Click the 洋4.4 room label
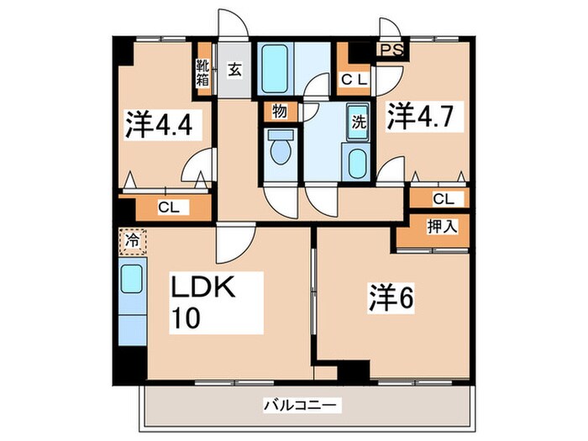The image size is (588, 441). pyautogui.click(x=160, y=124)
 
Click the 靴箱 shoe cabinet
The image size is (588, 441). pyautogui.click(x=202, y=72)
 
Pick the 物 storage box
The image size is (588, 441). pyautogui.click(x=278, y=110)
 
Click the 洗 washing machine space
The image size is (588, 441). pyautogui.click(x=358, y=121)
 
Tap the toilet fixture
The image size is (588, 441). pyautogui.click(x=278, y=149)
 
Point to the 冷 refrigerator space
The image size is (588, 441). pyautogui.click(x=131, y=241)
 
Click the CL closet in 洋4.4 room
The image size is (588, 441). pyautogui.click(x=167, y=207)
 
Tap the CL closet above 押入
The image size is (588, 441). pyautogui.click(x=442, y=199)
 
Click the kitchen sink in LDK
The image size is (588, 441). pyautogui.click(x=131, y=278)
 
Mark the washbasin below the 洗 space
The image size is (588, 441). pyautogui.click(x=356, y=159)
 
